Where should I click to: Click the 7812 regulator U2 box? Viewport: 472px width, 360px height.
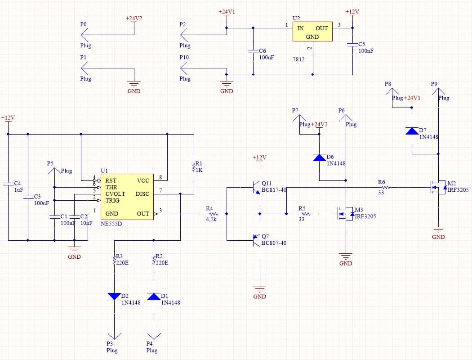(312, 31)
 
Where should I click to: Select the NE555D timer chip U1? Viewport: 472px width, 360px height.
(127, 197)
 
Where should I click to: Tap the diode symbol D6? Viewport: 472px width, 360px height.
(319, 157)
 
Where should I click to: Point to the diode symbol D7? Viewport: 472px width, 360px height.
(412, 131)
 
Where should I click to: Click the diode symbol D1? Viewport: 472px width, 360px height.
(154, 297)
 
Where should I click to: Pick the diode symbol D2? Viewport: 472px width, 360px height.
(114, 297)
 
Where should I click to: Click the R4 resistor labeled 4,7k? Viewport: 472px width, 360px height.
(212, 214)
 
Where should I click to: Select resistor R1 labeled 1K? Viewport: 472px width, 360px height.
(194, 168)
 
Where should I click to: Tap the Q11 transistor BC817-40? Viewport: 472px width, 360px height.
(256, 187)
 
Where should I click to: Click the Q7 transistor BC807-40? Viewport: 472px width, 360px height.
(256, 240)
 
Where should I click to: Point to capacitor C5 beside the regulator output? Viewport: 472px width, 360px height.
(352, 45)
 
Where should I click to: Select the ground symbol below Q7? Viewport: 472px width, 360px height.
(259, 289)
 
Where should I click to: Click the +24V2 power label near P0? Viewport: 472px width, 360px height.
(134, 18)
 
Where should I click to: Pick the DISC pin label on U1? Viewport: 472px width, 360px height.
(142, 193)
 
